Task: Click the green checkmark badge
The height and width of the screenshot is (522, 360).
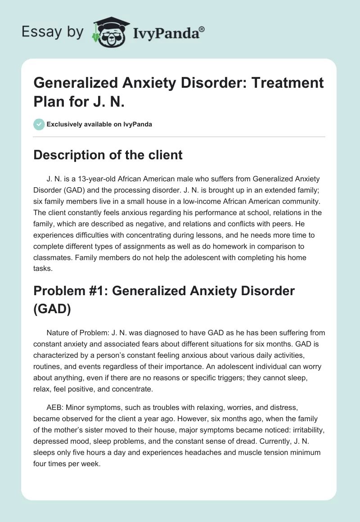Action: pyautogui.click(x=39, y=124)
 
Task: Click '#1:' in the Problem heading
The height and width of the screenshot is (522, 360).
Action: pyautogui.click(x=99, y=291)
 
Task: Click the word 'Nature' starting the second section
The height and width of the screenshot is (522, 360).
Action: pyautogui.click(x=58, y=333)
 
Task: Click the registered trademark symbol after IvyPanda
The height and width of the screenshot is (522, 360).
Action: pyautogui.click(x=202, y=29)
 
